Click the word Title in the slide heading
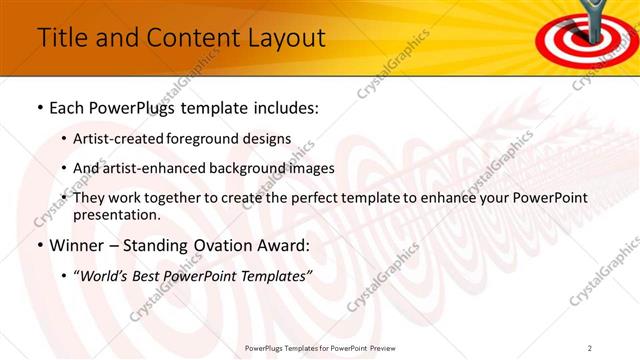[60, 38]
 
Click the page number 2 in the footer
[590, 348]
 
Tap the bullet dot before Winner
[39, 246]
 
